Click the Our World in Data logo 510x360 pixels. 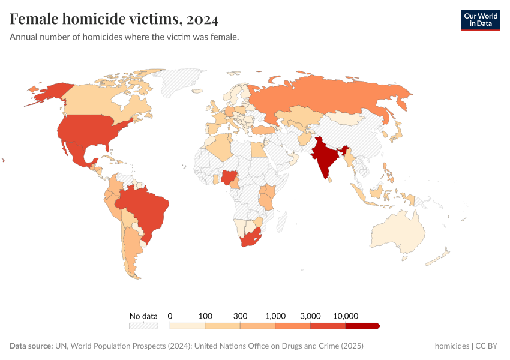click(480, 19)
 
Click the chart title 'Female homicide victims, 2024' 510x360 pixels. click(114, 19)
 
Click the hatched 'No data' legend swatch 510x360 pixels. click(143, 326)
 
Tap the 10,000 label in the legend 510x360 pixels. click(346, 316)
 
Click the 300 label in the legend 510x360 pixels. click(240, 316)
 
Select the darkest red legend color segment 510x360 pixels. click(362, 326)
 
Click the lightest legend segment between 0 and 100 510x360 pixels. click(188, 326)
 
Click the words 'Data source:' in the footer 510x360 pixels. click(31, 346)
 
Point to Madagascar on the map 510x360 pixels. click(280, 223)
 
